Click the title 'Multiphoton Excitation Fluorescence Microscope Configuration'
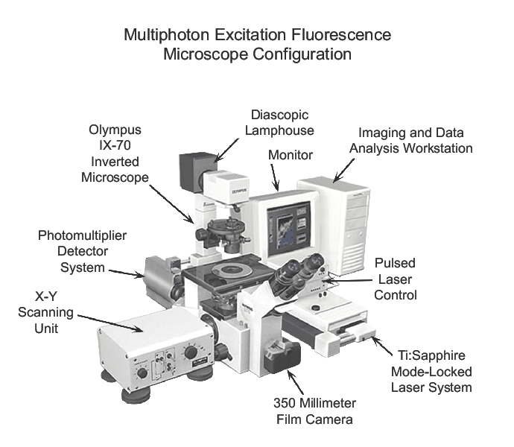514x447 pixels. [x=257, y=45]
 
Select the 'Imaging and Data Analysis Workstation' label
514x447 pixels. [x=410, y=141]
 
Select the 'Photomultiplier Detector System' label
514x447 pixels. [x=83, y=251]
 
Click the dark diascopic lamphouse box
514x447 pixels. [x=196, y=171]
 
